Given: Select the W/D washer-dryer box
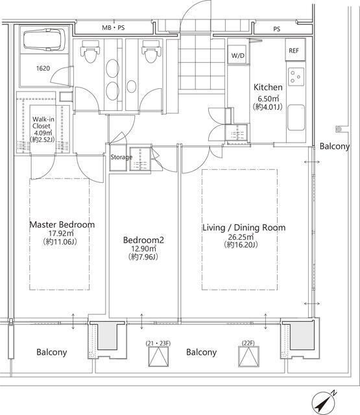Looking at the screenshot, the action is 238,55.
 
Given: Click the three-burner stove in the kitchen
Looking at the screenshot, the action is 296,77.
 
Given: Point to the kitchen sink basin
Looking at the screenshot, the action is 296,117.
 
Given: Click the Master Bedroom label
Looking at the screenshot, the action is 62,225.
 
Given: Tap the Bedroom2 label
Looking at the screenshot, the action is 143,240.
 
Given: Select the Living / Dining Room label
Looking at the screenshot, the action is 244,228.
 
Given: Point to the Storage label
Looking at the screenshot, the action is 121,157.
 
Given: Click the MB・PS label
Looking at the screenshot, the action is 114,27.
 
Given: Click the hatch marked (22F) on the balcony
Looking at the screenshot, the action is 248,357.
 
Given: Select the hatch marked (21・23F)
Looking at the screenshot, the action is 158,357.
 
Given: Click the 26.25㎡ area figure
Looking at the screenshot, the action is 241,236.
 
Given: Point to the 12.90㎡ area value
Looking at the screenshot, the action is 143,249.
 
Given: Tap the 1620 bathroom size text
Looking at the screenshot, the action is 43,68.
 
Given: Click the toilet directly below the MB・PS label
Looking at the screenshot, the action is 90,51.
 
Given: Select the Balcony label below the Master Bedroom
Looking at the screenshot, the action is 52,352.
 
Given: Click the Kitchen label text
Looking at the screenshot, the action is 268,88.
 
